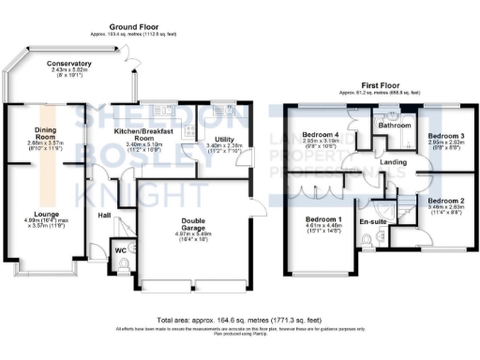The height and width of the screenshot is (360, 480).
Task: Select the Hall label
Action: coord(105,215)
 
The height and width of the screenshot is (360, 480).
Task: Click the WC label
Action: coord(120,249)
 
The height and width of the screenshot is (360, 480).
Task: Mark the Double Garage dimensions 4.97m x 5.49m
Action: coord(191,233)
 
